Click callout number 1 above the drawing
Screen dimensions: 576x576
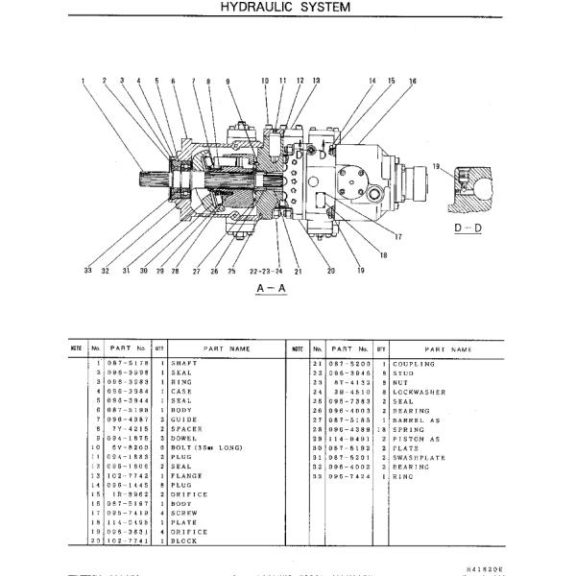84,81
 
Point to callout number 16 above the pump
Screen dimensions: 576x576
413,82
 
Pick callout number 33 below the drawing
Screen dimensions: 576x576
86,272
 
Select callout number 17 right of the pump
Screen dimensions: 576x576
396,236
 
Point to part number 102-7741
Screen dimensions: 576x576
128,540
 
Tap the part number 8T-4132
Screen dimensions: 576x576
344,382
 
